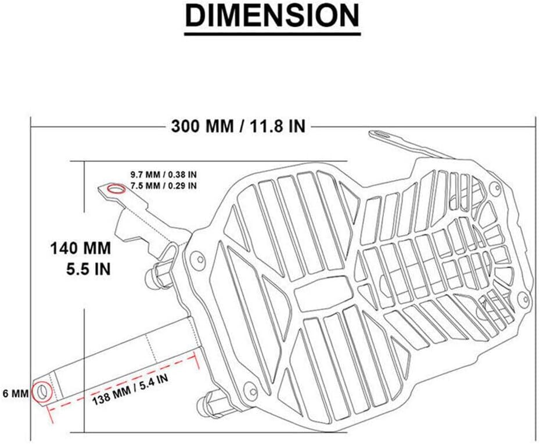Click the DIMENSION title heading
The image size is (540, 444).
pos(272,16)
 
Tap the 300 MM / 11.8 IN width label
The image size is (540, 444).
pos(238,126)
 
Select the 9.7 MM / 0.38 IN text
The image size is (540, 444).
pos(164,174)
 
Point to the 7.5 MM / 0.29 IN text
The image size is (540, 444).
pos(164,185)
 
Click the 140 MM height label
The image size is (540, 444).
pos(81,248)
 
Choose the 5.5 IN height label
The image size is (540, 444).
pos(88,269)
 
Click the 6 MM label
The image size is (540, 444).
pos(16,393)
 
